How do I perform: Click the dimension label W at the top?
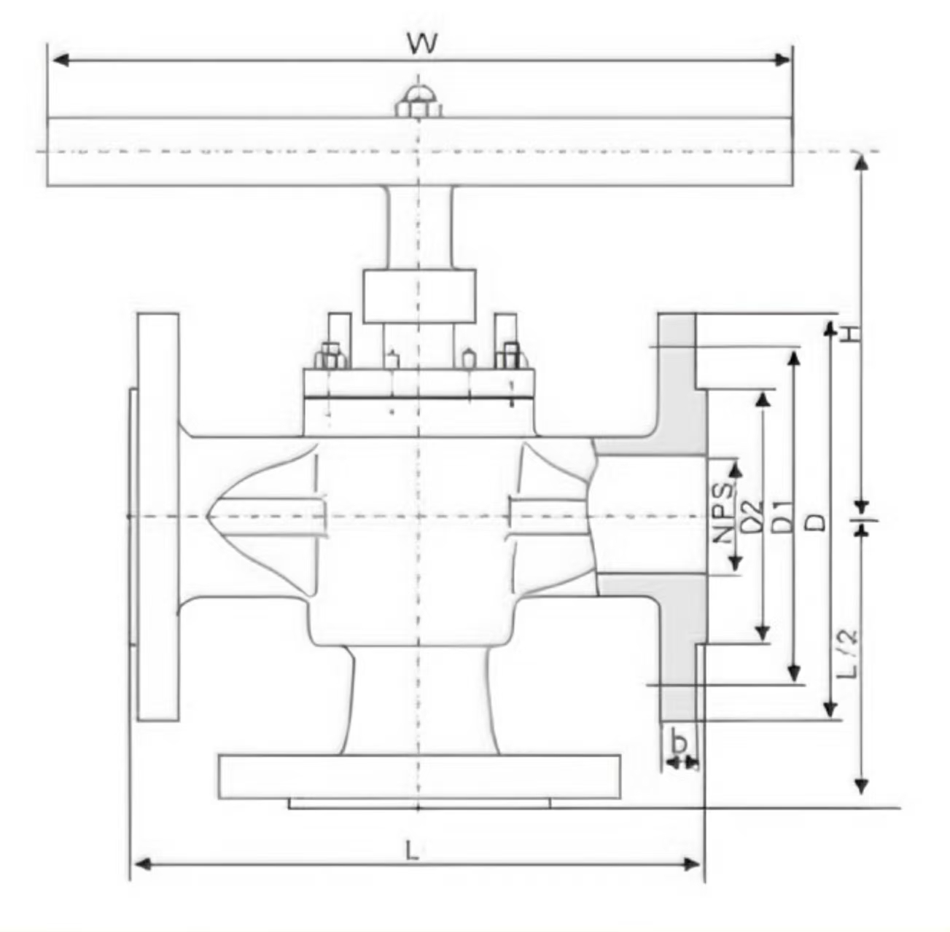click(x=422, y=44)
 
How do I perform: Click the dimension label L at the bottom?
click(x=413, y=850)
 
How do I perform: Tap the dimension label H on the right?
click(x=850, y=334)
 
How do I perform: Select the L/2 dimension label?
click(x=847, y=653)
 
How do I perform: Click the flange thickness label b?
click(x=680, y=744)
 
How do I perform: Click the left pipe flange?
click(x=157, y=517)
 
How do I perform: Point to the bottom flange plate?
click(x=419, y=777)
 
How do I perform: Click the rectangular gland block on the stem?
click(x=419, y=296)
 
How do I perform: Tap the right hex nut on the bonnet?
click(x=508, y=356)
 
